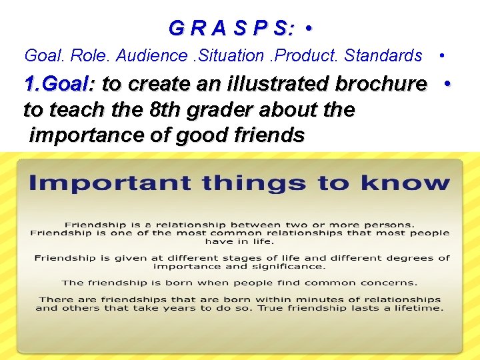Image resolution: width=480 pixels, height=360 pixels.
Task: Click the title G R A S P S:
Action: (231, 28)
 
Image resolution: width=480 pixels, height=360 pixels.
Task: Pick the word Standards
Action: (383, 55)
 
